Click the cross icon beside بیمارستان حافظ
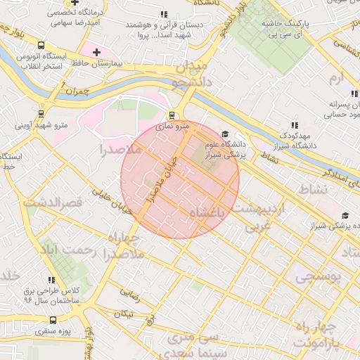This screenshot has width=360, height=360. [96, 52]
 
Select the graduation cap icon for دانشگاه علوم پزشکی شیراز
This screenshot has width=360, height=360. [225, 134]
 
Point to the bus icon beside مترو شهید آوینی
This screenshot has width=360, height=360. [40, 112]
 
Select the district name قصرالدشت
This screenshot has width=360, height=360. [53, 202]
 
